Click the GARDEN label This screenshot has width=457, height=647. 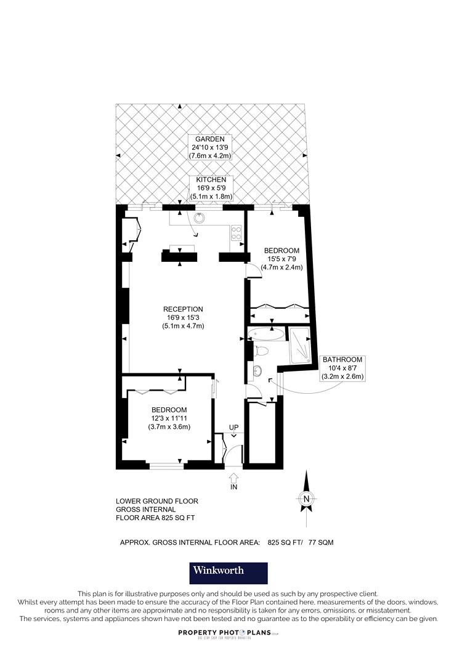pos(210,139)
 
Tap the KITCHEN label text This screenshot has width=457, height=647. pos(211,180)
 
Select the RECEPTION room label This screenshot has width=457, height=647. pos(183,309)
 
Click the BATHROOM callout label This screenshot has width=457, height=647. pos(342,359)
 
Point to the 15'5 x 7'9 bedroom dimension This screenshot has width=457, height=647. pos(281,259)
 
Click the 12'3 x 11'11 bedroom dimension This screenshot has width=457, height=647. pos(169,418)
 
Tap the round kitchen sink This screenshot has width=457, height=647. pos(200,218)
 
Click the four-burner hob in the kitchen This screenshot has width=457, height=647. pos(237,233)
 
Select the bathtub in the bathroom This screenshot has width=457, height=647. pos(266,334)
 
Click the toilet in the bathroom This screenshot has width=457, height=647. pos(261,351)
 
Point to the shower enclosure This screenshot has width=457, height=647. pos(299,346)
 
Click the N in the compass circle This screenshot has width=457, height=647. pos(306,498)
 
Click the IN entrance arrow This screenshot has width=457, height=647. pos(233,478)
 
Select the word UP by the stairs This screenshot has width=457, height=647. pos(234,427)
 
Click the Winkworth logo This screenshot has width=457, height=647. pos(228,573)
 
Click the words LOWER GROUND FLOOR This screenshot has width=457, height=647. pos(157,501)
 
